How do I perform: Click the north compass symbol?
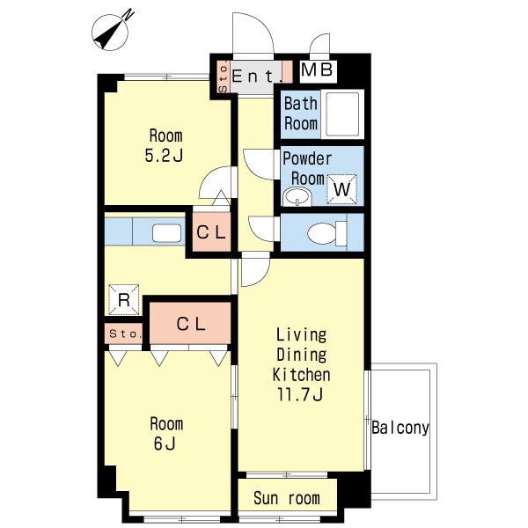111,33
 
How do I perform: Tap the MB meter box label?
317,70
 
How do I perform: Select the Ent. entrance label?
257,76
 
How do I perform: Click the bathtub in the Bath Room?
342,114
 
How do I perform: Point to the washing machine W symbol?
341,189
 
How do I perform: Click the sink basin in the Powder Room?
297,197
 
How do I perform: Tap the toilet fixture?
327,233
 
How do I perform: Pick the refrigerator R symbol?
124,299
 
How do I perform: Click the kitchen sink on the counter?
166,233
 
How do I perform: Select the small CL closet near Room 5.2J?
211,232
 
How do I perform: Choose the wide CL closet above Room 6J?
191,324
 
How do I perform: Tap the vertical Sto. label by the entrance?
223,77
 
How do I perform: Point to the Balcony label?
400,428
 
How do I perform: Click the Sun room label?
287,498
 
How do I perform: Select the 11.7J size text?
300,394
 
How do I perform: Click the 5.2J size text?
164,155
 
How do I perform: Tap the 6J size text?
165,444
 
